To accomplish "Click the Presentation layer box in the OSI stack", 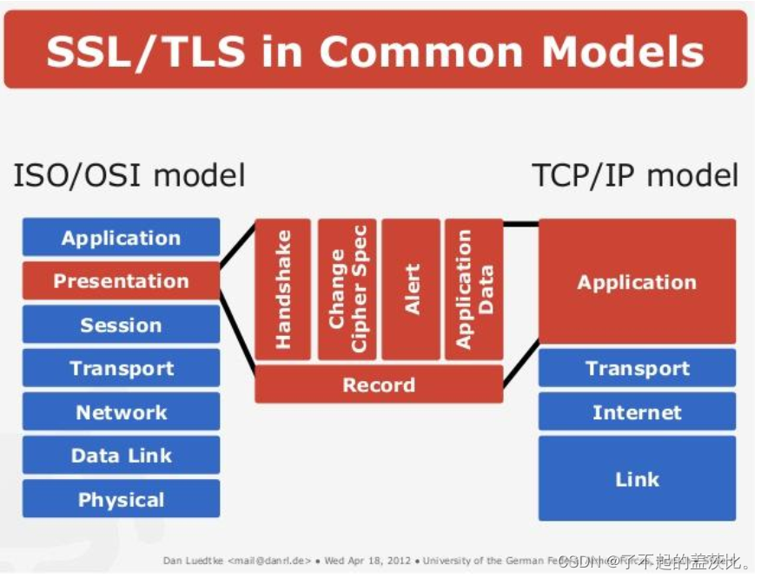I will point(121,281).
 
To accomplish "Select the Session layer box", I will point(121,325).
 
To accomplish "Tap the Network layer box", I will point(121,412).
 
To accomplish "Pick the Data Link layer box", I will point(121,456).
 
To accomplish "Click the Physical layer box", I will point(121,500).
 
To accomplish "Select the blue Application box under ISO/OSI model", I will point(121,238).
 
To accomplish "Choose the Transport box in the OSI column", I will point(121,368).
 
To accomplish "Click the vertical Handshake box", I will point(282,290).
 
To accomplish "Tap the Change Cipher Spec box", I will point(347,290).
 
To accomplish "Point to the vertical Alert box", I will point(411,290).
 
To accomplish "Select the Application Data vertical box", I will point(474,290).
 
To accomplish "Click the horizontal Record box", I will point(379,384).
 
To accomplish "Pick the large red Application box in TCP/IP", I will point(637,282).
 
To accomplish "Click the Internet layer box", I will point(637,412).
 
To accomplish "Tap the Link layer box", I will point(637,479).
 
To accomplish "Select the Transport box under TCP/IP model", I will point(637,368).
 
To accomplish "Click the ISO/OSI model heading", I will point(129,176).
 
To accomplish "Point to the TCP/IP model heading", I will point(635,176).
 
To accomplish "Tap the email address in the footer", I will point(270,561).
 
